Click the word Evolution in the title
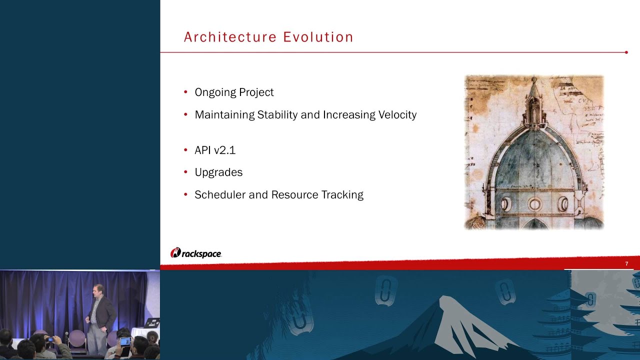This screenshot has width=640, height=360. (x=318, y=37)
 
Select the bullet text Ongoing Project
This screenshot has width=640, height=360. (x=234, y=92)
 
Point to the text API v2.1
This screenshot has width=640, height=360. (x=215, y=150)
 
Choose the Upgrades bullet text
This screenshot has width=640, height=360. (x=218, y=172)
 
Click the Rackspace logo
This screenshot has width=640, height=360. (x=196, y=253)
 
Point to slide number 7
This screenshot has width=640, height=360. (x=626, y=264)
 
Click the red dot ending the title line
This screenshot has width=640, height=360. (x=626, y=52)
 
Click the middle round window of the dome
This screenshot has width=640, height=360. (x=534, y=203)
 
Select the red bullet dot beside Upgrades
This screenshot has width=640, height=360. (x=185, y=172)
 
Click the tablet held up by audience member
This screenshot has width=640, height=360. (x=125, y=341)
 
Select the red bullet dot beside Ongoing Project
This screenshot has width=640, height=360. (x=185, y=92)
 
